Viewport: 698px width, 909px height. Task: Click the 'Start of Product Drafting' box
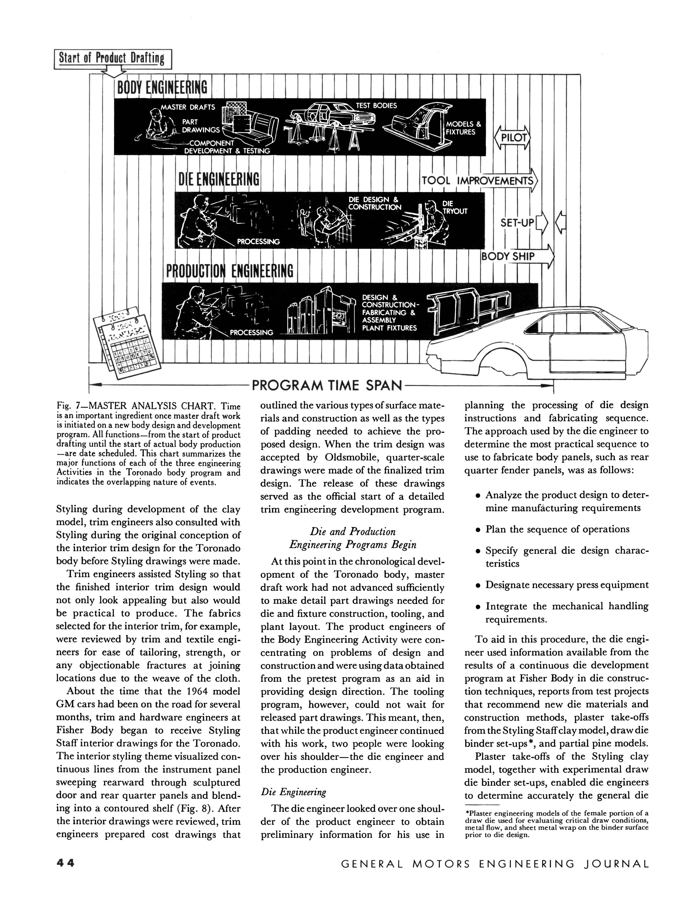112,59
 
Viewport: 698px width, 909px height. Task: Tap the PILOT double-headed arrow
512,138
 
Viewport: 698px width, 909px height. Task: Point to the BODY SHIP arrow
517,256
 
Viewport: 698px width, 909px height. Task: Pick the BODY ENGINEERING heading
162,88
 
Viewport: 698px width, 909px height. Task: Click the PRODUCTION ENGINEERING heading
229,271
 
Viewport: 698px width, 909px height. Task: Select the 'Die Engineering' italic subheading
293,792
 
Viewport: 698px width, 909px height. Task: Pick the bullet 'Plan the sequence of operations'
557,529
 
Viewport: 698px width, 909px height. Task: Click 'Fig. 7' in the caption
67,406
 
